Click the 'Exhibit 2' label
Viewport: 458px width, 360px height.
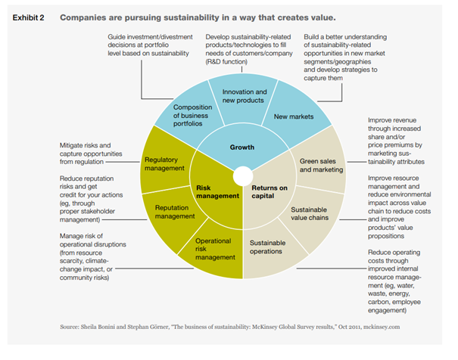pyautogui.click(x=28, y=15)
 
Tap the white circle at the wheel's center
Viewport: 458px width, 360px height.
pyautogui.click(x=241, y=176)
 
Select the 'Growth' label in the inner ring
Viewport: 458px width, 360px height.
pyautogui.click(x=243, y=147)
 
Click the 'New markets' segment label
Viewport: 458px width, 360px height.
pyautogui.click(x=298, y=117)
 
